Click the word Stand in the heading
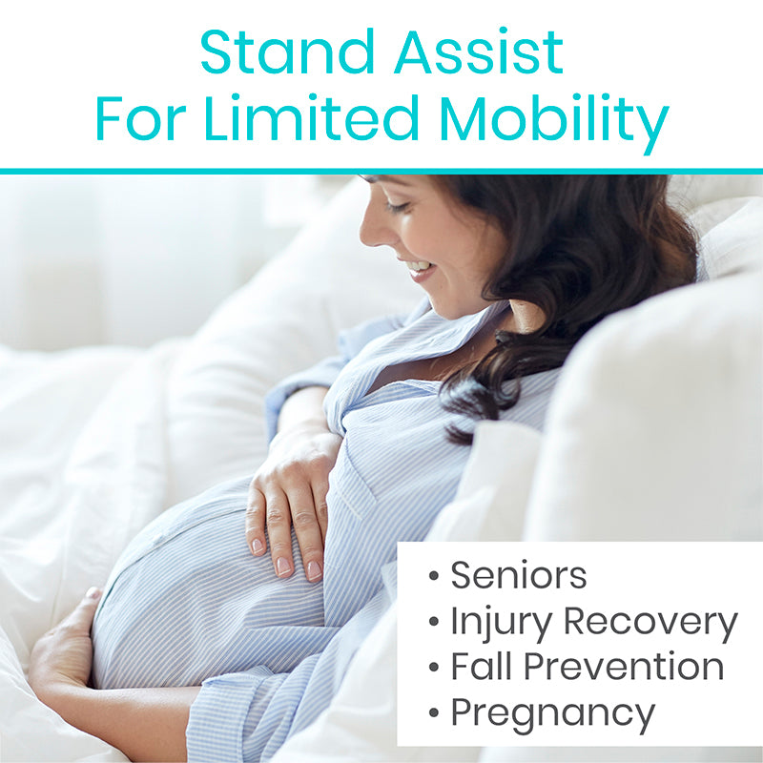pos(287,52)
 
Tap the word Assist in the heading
pos(479,52)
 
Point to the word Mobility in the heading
pos(554,124)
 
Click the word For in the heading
pos(141,118)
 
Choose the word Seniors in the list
pos(518,575)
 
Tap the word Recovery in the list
pos(650,625)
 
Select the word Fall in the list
pos(481,665)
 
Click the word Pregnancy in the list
pos(553,715)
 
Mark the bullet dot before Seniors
pos(434,576)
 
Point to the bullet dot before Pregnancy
pos(434,712)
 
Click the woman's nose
pos(370,230)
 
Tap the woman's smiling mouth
pos(420,269)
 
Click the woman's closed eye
pos(397,207)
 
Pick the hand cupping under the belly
pos(63,642)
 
